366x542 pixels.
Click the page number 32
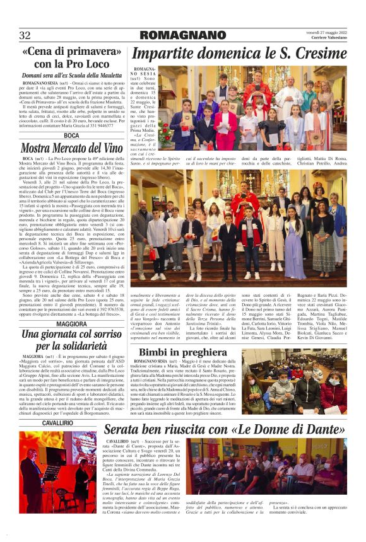[25, 35]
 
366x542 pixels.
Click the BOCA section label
[71, 135]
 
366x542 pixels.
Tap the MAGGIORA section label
[71, 324]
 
